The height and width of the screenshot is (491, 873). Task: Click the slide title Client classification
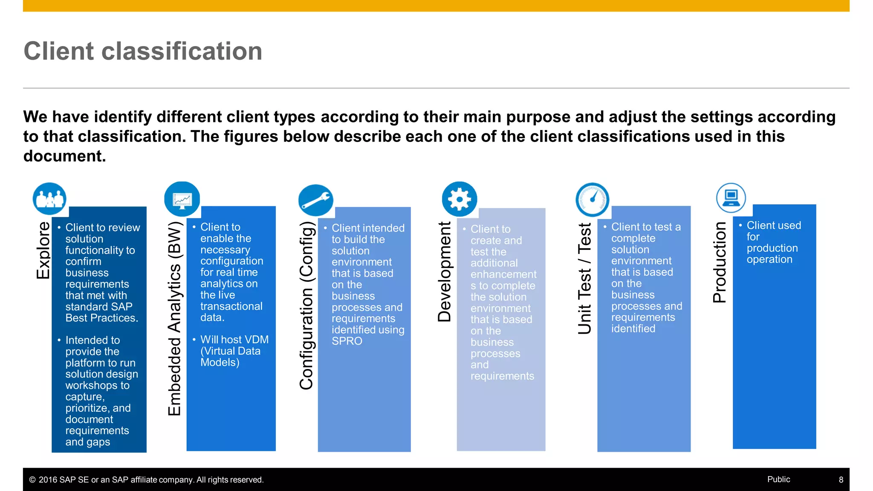pos(143,51)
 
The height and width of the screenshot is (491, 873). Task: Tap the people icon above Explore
pos(49,199)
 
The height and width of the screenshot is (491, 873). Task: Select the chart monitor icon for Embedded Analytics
pos(182,199)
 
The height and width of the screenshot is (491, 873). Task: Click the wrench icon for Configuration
pos(315,200)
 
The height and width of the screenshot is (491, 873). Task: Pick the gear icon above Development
pos(459,199)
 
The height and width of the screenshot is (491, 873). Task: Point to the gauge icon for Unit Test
pos(592,199)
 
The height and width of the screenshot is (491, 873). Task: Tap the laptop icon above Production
pos(731,198)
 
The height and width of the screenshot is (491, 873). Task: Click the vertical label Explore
pos(43,251)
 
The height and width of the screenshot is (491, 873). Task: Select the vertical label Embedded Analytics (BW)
pos(174,318)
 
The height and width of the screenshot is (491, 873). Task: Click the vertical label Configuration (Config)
pos(306,305)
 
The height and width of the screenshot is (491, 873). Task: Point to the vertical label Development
pos(444,272)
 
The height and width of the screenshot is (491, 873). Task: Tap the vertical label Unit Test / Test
pos(585,279)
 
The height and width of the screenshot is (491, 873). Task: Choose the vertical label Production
pos(720,263)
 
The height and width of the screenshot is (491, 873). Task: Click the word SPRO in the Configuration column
pos(347,341)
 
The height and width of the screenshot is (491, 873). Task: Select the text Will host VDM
pos(234,340)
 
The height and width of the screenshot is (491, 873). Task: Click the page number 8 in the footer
pos(841,480)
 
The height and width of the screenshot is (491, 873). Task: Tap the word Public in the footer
pos(778,479)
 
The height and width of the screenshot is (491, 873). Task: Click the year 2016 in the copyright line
pos(48,480)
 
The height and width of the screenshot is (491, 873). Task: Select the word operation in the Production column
pos(769,260)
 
